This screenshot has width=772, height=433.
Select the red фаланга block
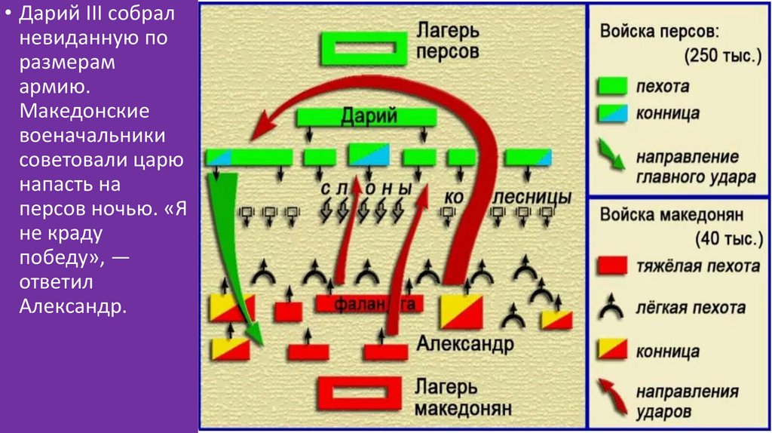pyautogui.click(x=369, y=303)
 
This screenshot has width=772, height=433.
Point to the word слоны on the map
pyautogui.click(x=366, y=189)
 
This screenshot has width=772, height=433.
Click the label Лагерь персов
pyautogui.click(x=447, y=42)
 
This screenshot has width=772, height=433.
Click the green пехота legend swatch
pyautogui.click(x=612, y=86)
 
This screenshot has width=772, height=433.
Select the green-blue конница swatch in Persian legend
pyautogui.click(x=612, y=114)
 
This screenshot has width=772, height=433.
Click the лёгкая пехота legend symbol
pyautogui.click(x=612, y=307)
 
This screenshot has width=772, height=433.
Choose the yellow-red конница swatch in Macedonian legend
pyautogui.click(x=612, y=349)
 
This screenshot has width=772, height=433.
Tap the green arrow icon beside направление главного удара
pyautogui.click(x=612, y=155)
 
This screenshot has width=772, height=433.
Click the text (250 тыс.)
pyautogui.click(x=721, y=57)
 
